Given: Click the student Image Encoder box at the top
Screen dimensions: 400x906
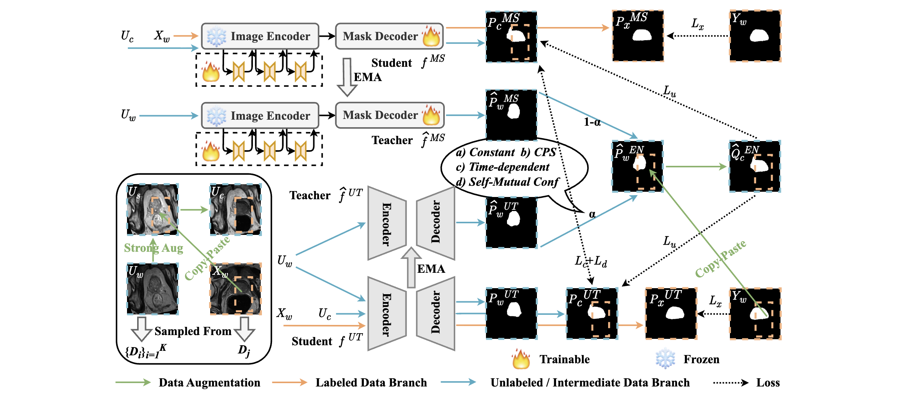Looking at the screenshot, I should tap(260, 36).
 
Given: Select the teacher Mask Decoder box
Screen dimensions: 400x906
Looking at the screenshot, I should tap(390, 115).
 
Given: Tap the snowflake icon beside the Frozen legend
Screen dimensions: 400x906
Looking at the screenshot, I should tap(665, 359).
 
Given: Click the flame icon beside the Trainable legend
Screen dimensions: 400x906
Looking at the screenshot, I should tap(521, 359).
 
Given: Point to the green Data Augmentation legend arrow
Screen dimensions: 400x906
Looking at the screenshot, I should tap(133, 382).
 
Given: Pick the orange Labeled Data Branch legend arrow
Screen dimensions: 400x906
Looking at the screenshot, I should tap(289, 382).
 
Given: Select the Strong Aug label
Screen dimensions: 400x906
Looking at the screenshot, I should tap(154, 248).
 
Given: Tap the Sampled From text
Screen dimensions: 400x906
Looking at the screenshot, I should tap(193, 331).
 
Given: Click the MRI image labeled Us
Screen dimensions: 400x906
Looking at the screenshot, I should tap(152, 209).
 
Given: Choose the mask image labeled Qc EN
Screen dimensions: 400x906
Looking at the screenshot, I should tap(755, 166).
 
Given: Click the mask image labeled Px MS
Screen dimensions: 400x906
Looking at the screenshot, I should tap(638, 36).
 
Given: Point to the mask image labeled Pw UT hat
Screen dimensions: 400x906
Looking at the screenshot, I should tap(511, 222).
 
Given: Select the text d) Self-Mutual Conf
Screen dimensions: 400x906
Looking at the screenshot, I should tap(507, 182).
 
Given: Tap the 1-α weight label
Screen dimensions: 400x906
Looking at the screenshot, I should tap(592, 122).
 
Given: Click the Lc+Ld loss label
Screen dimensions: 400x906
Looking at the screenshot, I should tap(591, 261).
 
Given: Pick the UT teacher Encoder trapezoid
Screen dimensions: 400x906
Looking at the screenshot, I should tap(387, 223).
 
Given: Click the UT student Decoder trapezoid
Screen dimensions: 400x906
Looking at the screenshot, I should tap(436, 313).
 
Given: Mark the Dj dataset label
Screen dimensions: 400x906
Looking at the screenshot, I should tap(244, 350).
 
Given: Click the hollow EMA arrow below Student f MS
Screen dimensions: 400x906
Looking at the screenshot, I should tap(347, 77).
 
